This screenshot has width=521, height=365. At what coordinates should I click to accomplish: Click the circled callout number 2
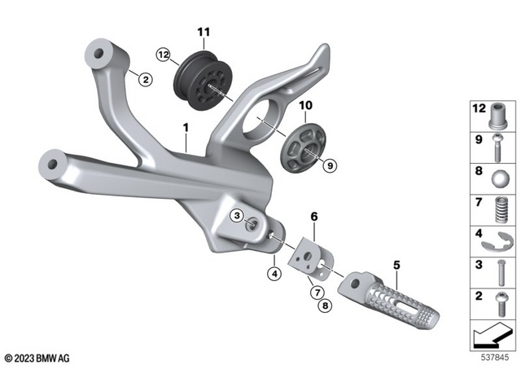[x=144, y=79]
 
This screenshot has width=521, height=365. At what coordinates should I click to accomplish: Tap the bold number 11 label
[x=203, y=33]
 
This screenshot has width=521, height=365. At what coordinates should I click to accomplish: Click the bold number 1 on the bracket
[x=186, y=129]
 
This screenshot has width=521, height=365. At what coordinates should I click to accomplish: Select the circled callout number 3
[x=235, y=215]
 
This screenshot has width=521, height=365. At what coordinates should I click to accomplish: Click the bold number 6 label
[x=313, y=216]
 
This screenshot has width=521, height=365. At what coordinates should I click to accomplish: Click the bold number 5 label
[x=396, y=265]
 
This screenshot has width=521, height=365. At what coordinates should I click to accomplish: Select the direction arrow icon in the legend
[x=491, y=332]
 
